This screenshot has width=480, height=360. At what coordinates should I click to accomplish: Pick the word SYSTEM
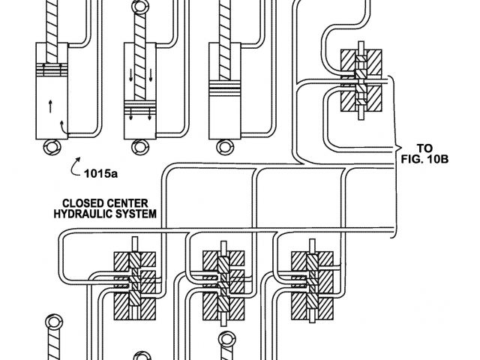[138, 214]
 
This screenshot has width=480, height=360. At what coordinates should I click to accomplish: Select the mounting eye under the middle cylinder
[138, 147]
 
